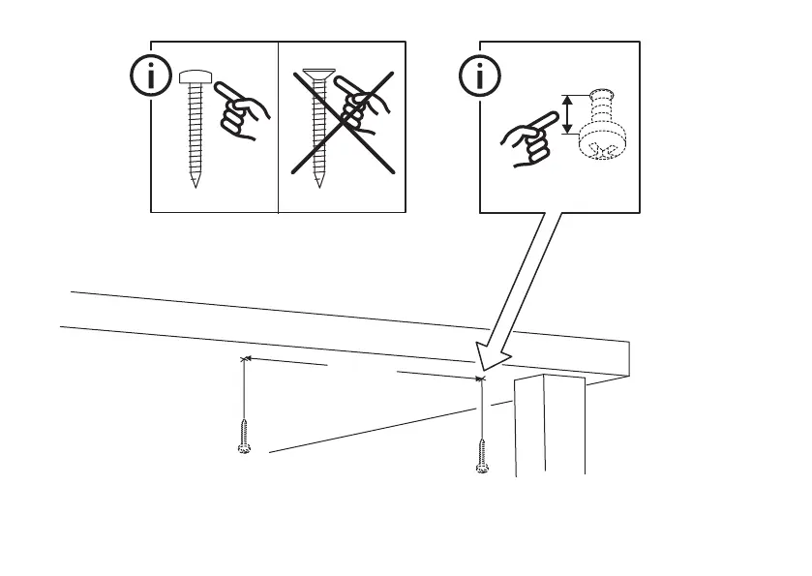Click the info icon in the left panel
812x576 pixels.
pyautogui.click(x=148, y=78)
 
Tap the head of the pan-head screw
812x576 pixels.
pyautogui.click(x=196, y=77)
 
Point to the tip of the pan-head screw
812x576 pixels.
pyautogui.click(x=196, y=185)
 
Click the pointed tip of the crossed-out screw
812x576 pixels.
pyautogui.click(x=316, y=185)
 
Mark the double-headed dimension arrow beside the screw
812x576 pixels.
pyautogui.click(x=567, y=112)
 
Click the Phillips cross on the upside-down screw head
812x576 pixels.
pyautogui.click(x=603, y=151)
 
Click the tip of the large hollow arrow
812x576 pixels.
pyautogui.click(x=481, y=367)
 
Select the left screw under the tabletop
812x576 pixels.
pyautogui.click(x=245, y=437)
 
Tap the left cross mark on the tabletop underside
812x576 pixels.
pyautogui.click(x=245, y=358)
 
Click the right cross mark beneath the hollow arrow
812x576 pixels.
pyautogui.click(x=481, y=379)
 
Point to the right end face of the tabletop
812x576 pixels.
pyautogui.click(x=623, y=358)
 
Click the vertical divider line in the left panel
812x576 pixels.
pyautogui.click(x=278, y=126)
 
